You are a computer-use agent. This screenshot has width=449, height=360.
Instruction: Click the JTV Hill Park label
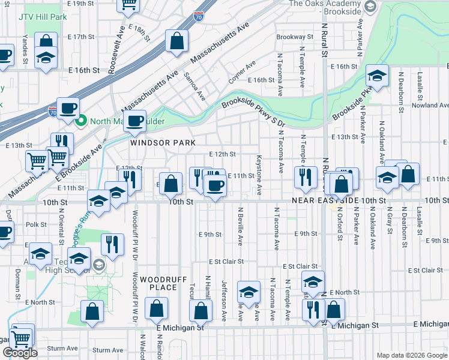point(43,17)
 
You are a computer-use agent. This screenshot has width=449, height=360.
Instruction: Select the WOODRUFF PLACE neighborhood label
point(158,283)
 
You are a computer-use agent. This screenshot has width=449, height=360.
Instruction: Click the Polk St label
point(36,224)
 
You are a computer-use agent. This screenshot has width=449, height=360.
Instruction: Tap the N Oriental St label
point(61,229)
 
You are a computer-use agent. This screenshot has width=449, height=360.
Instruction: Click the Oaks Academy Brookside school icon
point(370,7)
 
